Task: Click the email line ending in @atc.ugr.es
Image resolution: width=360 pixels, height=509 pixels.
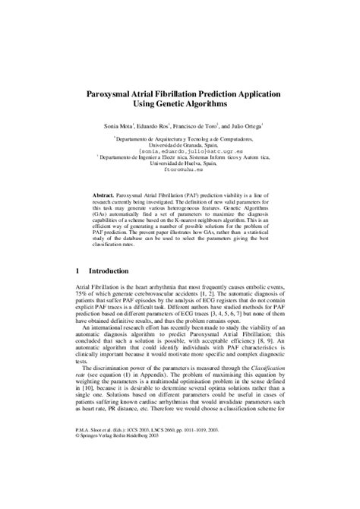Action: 180,151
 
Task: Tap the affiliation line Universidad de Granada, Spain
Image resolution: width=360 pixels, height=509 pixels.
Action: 180,144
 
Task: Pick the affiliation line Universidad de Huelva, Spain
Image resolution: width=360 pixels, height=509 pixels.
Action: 180,165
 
